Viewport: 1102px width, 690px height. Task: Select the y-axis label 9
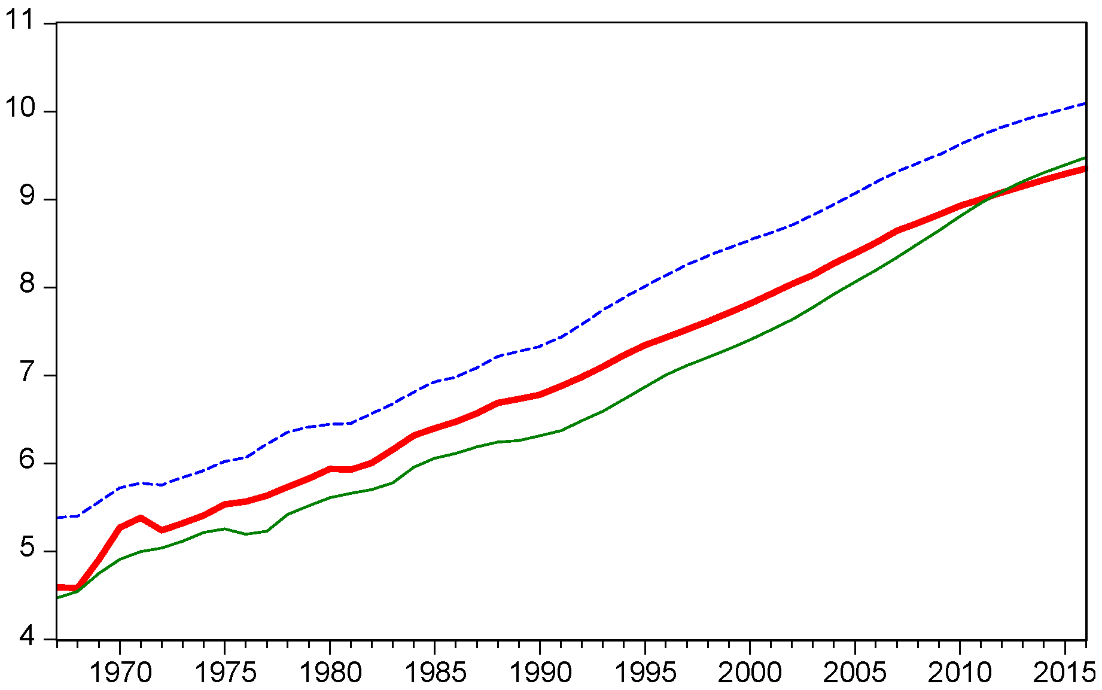pyautogui.click(x=27, y=196)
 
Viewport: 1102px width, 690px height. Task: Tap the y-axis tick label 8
pyautogui.click(x=27, y=284)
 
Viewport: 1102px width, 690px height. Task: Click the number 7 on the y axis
pyautogui.click(x=27, y=372)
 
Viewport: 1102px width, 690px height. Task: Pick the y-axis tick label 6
pyautogui.click(x=27, y=460)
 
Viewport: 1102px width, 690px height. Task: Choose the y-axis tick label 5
pyautogui.click(x=27, y=548)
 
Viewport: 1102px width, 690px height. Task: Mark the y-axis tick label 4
pyautogui.click(x=27, y=636)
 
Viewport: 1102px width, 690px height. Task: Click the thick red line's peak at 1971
pyautogui.click(x=141, y=518)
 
